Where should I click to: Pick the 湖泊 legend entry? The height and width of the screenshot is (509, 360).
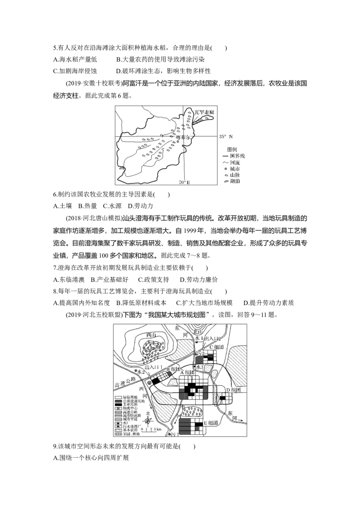pyautogui.click(x=234, y=181)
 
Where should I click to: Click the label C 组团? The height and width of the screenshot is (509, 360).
pyautogui.click(x=217, y=347)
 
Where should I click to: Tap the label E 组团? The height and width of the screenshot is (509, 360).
pyautogui.click(x=211, y=423)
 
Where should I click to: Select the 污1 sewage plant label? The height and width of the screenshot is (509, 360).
pyautogui.click(x=174, y=434)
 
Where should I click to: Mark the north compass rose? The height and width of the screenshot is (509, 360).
pyautogui.click(x=148, y=420)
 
